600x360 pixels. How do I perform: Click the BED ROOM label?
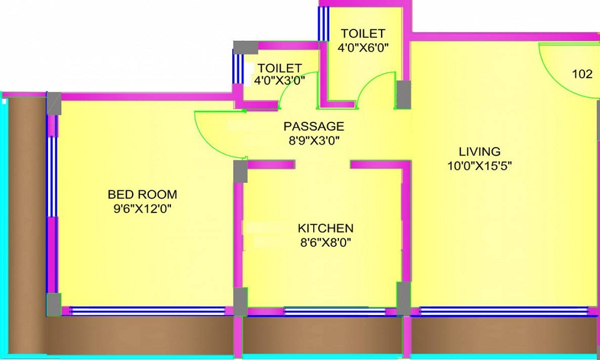(142, 194)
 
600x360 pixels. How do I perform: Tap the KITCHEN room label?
(325, 229)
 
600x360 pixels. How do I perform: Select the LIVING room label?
(479, 151)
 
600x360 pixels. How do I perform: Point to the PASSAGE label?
(314, 127)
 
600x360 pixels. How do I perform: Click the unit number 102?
(581, 74)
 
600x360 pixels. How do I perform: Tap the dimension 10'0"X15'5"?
(479, 166)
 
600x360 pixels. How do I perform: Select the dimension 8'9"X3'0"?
(314, 141)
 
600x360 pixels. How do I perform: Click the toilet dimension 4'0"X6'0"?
(363, 47)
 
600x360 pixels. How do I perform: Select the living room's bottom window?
(503, 310)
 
